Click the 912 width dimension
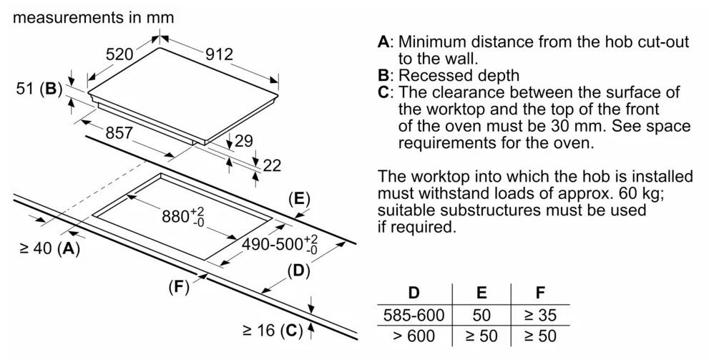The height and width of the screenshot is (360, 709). pos(220,54)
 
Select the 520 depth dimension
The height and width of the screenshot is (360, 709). pos(119,54)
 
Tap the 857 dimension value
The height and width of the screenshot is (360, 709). pos(119,132)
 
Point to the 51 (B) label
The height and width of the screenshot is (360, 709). pos(39,89)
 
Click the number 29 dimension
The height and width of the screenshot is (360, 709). pos(243,141)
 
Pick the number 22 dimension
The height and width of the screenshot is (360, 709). pos(272,165)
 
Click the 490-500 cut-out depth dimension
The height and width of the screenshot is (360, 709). pos(280,245)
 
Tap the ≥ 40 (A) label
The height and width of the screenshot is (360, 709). pos(50,248)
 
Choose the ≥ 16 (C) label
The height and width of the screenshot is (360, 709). pos(272,331)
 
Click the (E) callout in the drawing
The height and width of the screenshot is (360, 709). pos(299,199)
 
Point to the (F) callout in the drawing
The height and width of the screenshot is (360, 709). pos(179,287)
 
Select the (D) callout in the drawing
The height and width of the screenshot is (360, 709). pos(298,271)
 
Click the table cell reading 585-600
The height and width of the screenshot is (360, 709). pos(414,315)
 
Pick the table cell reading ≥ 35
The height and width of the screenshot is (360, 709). pos(540,315)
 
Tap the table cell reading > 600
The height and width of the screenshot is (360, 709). pos(414,336)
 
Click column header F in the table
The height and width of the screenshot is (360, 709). pos(540,293)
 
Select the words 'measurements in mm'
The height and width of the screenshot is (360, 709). pos(94,17)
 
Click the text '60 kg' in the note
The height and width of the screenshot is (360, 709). pos(639,193)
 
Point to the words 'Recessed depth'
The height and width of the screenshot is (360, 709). pos(459,75)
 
